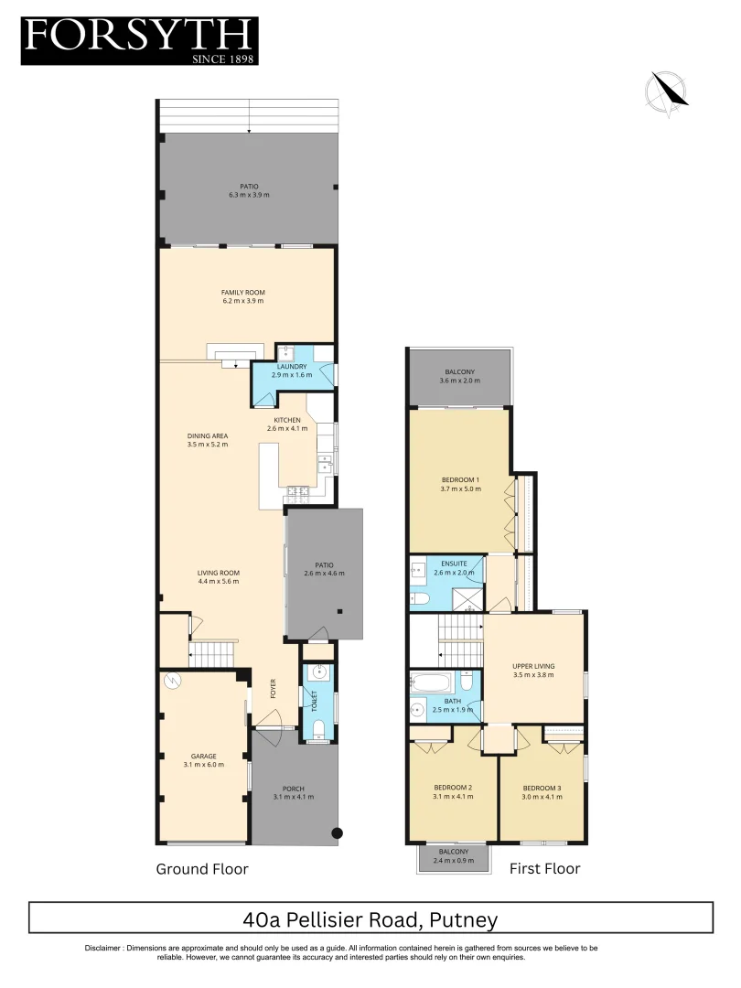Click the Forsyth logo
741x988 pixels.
pos(139,40)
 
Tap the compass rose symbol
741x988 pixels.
pos(667,94)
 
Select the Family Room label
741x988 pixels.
pos(242,293)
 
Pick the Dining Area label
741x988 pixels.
pos(207,435)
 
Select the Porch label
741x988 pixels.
pos(294,789)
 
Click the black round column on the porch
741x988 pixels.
pos(338,832)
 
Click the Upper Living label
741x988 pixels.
pos(533,667)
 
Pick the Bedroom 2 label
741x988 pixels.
pos(452,788)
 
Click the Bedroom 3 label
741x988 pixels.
pos(542,788)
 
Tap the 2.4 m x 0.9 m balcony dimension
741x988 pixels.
pos(452,859)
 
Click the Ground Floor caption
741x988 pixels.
pos(202,869)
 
